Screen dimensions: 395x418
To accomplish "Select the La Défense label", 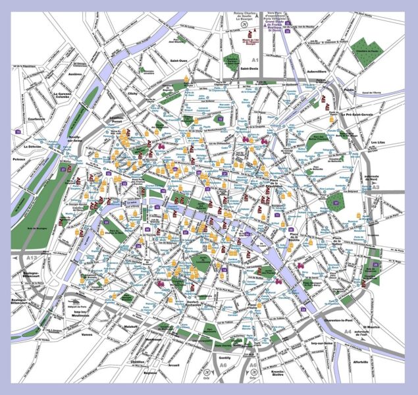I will [x=31, y=146].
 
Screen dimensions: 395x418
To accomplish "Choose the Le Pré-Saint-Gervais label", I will [x=361, y=115].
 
